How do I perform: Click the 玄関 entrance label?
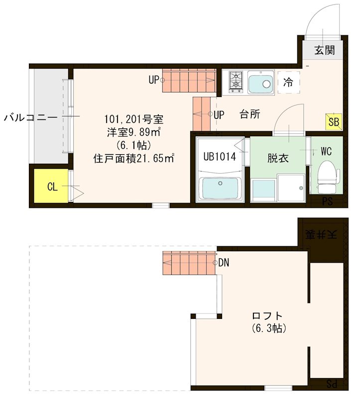click(x=324, y=49)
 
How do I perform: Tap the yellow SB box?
click(x=333, y=121)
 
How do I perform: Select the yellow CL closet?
click(x=51, y=187)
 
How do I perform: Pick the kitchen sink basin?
click(x=260, y=83)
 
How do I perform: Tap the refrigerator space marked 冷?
click(x=288, y=82)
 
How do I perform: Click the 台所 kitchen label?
click(x=250, y=114)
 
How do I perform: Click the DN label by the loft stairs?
click(x=224, y=263)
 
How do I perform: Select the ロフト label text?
click(x=267, y=316)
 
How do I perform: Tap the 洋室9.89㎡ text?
click(x=133, y=133)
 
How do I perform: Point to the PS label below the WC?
click(x=327, y=201)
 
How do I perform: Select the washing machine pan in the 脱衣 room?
click(x=291, y=188)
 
